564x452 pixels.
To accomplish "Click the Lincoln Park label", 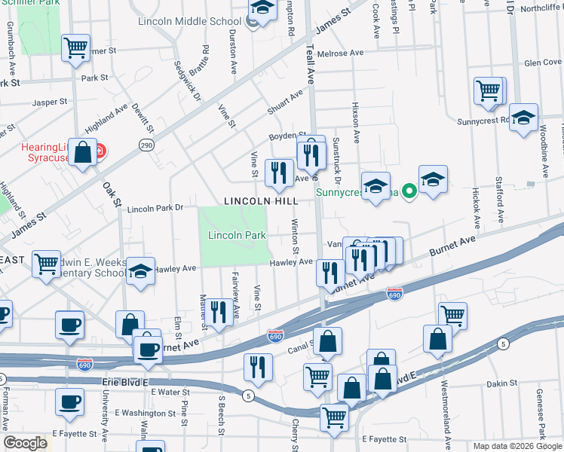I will click(237, 235).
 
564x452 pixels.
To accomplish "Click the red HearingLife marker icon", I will click(100, 151).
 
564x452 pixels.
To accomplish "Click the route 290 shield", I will click(146, 144).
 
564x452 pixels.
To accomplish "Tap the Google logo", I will click(25, 443).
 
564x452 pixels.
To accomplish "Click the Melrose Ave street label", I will click(340, 53).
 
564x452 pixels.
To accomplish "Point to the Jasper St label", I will click(50, 102).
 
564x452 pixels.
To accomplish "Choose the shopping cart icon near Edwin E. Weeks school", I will click(47, 264).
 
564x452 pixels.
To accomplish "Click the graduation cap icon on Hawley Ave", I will click(139, 272).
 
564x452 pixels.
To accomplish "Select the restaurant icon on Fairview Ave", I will click(219, 311).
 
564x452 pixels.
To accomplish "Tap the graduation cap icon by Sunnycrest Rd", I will click(523, 118).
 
